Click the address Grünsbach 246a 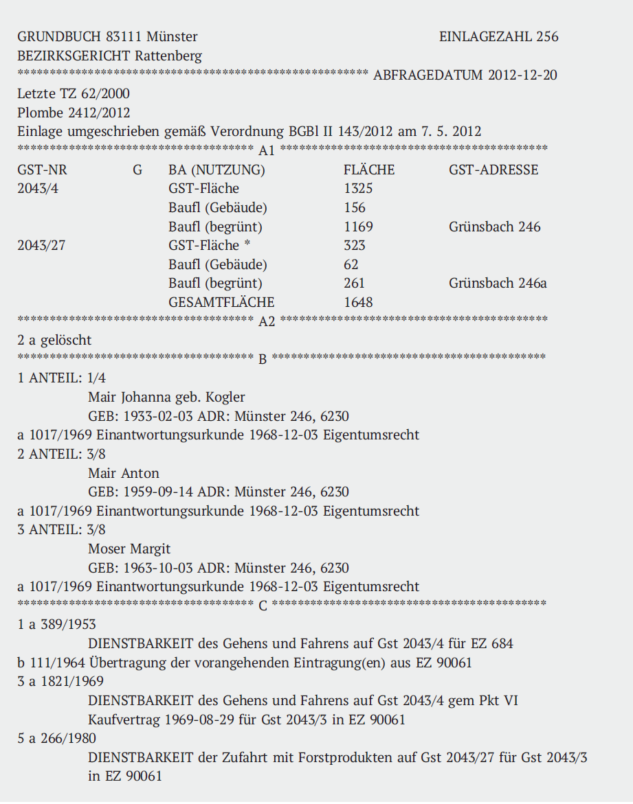[x=498, y=284]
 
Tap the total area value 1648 [x=358, y=302]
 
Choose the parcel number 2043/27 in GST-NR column [x=41, y=246]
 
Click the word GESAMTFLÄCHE [x=221, y=302]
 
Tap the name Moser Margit [x=129, y=549]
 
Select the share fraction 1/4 [x=97, y=378]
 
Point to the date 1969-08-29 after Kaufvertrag [x=201, y=720]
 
